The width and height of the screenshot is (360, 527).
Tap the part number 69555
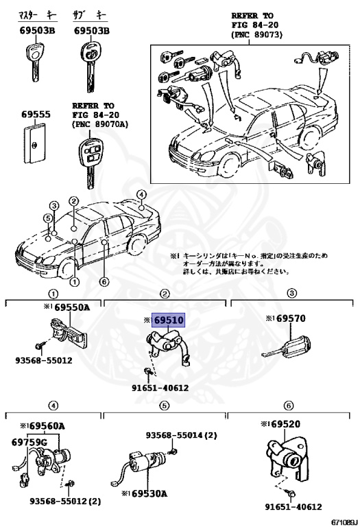(35, 115)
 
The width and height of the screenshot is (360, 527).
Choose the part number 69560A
(45, 426)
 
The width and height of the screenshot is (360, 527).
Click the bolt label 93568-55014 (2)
(181, 435)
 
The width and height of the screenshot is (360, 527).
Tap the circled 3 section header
(291, 293)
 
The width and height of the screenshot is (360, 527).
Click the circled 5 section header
(165, 406)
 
